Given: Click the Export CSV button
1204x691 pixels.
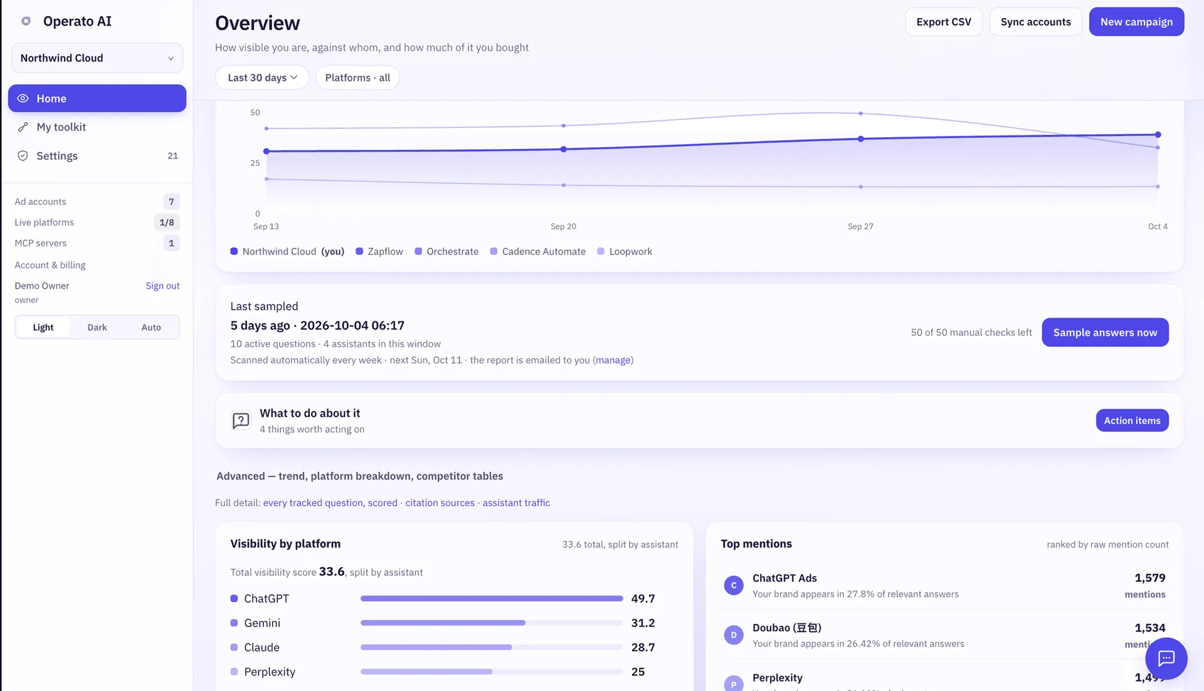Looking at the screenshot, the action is click(944, 22).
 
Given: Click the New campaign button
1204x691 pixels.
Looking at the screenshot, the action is click(1136, 22).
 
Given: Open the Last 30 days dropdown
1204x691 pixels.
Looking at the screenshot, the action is click(262, 78).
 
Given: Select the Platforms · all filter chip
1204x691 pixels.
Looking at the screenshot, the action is click(357, 78).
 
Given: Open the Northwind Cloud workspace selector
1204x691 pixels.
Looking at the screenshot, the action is click(97, 58).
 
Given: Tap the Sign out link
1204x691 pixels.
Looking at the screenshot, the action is click(162, 286).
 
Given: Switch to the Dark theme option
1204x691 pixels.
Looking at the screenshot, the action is click(97, 327).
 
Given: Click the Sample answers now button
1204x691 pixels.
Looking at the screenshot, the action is click(1105, 333).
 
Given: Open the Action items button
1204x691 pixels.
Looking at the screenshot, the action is click(1132, 420).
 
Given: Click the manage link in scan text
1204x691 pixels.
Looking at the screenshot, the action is click(613, 360).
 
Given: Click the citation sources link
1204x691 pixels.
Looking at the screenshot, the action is click(440, 503).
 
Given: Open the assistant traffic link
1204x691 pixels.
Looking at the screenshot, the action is click(516, 503).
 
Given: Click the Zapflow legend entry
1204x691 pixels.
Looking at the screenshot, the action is click(379, 252).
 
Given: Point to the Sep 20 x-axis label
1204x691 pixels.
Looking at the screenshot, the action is click(563, 227).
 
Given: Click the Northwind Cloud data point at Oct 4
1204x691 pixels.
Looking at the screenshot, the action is click(1158, 135).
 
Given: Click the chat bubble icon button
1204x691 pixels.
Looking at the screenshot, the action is click(1166, 658).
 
